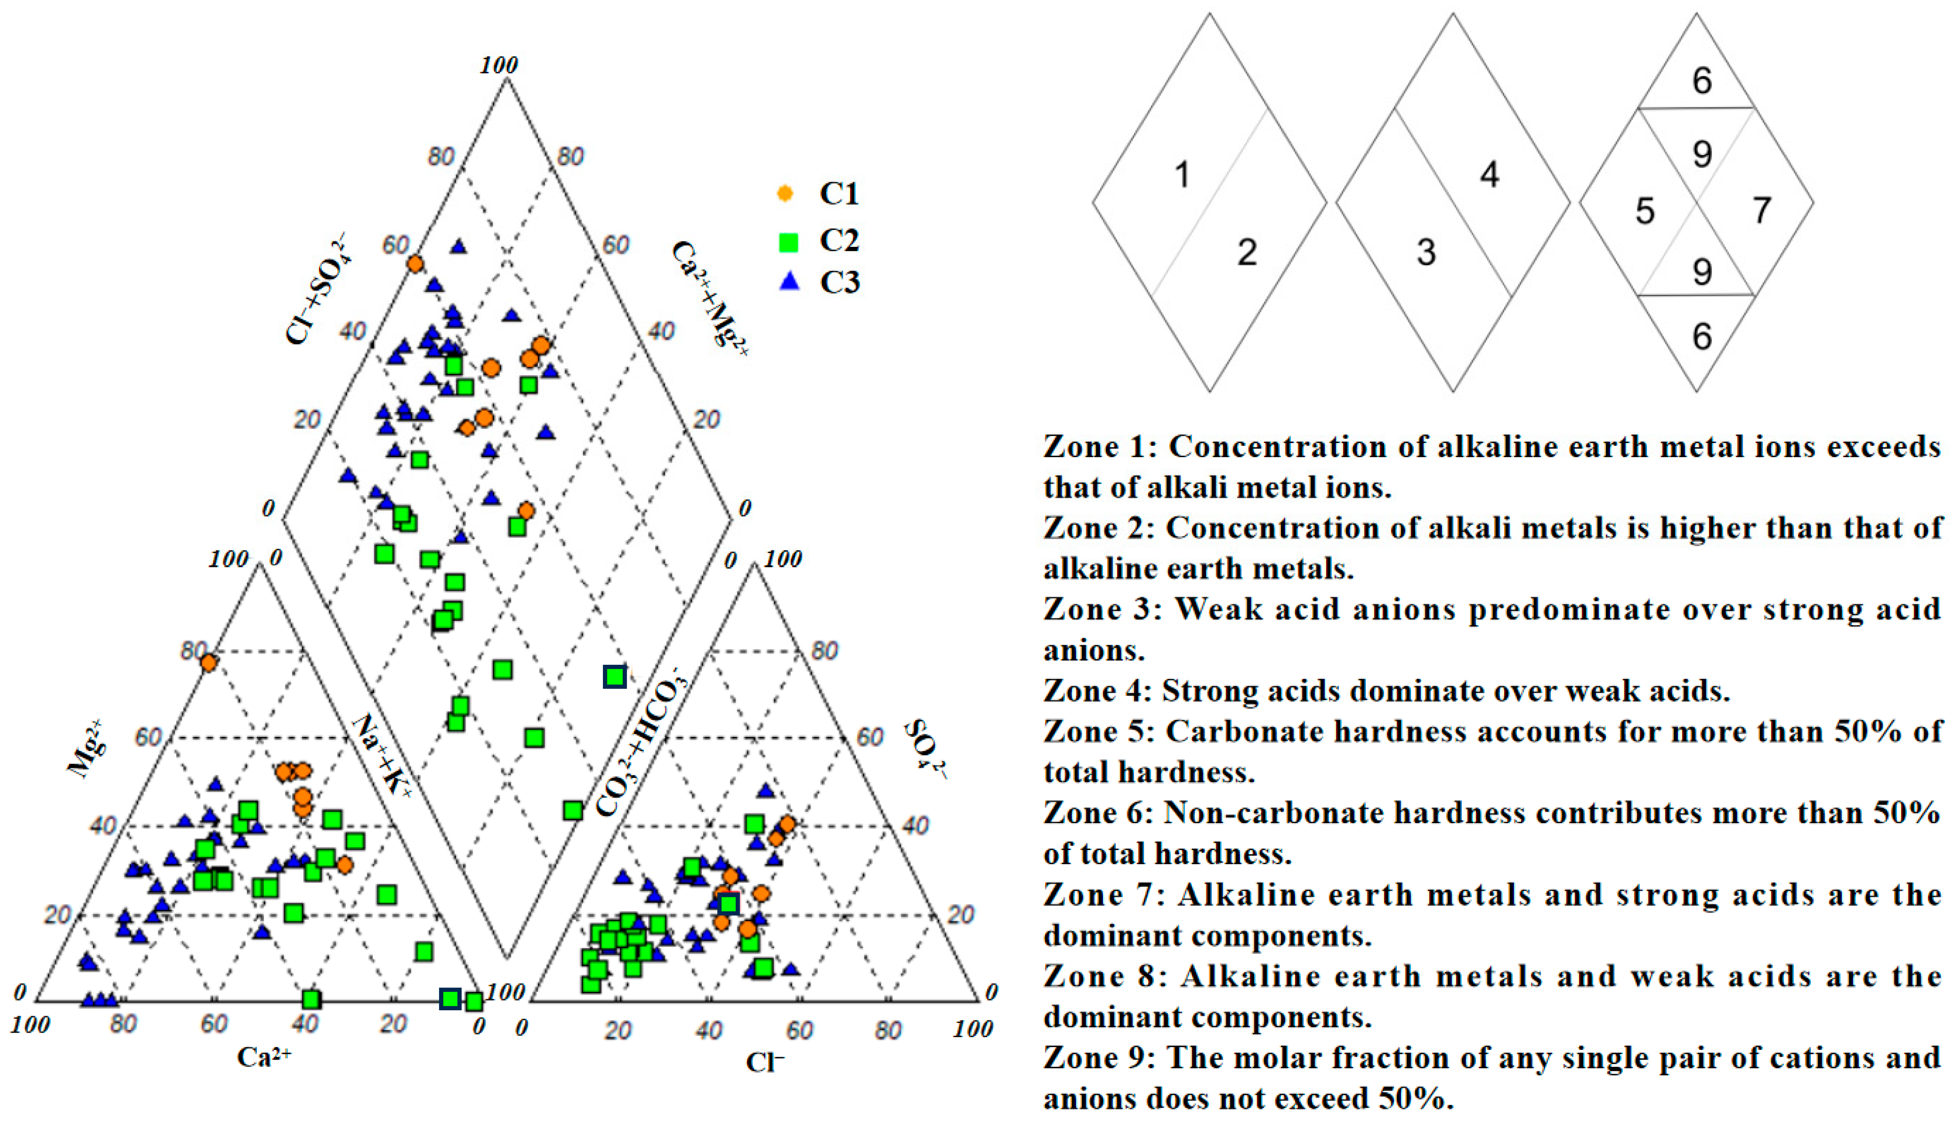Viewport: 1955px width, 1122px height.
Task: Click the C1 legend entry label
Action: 838,193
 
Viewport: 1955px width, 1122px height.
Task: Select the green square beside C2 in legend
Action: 788,242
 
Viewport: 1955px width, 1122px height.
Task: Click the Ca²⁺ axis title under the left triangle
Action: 264,1056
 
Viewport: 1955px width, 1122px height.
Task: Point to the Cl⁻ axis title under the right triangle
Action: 764,1062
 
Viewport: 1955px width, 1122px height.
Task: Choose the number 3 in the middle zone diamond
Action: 1426,252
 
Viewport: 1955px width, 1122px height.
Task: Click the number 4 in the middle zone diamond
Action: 1489,175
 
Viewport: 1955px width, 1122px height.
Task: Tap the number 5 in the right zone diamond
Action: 1644,210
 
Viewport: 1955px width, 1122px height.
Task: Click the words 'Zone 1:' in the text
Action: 1100,447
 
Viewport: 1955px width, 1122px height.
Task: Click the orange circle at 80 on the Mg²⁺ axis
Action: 208,662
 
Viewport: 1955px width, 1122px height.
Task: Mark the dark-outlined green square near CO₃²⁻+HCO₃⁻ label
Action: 614,677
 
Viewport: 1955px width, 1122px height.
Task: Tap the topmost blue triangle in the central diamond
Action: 459,246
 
